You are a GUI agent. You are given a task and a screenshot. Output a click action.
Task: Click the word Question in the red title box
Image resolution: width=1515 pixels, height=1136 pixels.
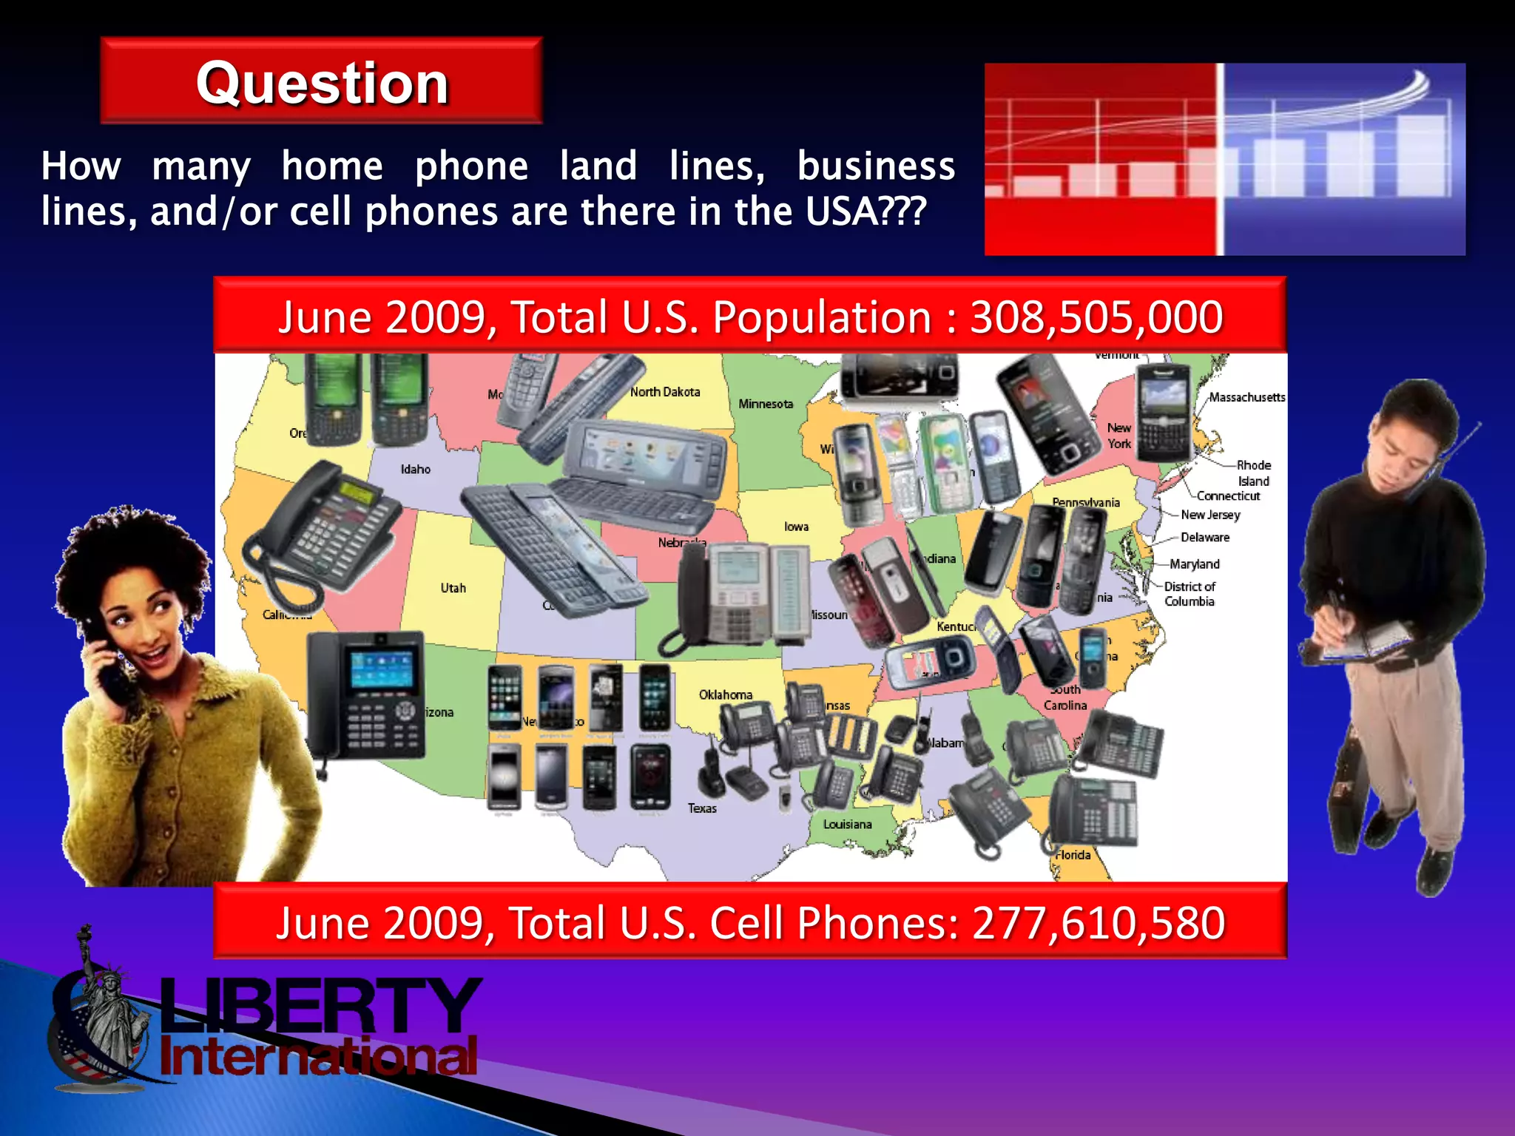pyautogui.click(x=323, y=83)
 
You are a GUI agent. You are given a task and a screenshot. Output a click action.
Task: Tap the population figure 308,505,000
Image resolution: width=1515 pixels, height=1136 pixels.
pyautogui.click(x=1096, y=317)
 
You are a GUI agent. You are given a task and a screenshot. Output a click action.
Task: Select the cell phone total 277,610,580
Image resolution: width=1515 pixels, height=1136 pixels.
pyautogui.click(x=1099, y=923)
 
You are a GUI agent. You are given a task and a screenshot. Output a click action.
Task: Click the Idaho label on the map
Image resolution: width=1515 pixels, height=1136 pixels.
pyautogui.click(x=416, y=469)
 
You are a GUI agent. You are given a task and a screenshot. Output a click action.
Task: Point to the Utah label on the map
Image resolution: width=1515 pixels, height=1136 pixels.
pyautogui.click(x=453, y=588)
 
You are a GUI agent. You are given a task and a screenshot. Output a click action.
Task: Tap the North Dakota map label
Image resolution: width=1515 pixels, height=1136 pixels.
pyautogui.click(x=665, y=392)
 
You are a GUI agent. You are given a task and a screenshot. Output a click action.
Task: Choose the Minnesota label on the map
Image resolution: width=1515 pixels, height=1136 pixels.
pyautogui.click(x=766, y=404)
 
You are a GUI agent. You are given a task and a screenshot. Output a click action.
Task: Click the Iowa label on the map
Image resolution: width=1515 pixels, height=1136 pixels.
pyautogui.click(x=797, y=527)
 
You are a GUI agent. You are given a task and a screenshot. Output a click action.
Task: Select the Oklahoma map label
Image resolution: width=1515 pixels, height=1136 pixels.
pyautogui.click(x=726, y=694)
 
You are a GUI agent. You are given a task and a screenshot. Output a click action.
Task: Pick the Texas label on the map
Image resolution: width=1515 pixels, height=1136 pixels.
pyautogui.click(x=702, y=808)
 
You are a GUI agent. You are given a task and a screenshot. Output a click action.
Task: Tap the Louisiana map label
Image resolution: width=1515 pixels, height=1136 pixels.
pyautogui.click(x=848, y=824)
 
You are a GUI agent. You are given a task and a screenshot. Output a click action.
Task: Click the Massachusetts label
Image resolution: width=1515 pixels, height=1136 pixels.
pyautogui.click(x=1247, y=397)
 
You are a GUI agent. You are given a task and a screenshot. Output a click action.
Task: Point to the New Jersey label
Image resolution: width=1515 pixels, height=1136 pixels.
pyautogui.click(x=1210, y=515)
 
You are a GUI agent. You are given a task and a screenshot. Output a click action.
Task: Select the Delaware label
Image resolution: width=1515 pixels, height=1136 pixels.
pyautogui.click(x=1205, y=538)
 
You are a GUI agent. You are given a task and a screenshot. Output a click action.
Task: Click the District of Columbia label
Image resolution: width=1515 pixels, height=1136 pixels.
pyautogui.click(x=1190, y=594)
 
